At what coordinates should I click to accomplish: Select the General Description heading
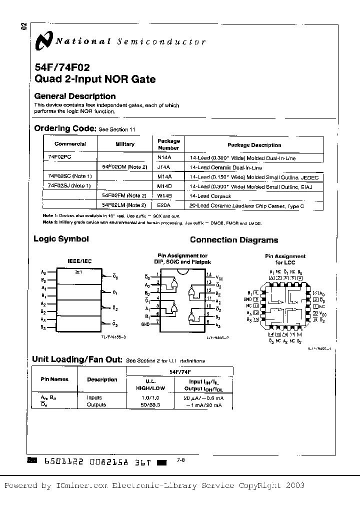coord(74,96)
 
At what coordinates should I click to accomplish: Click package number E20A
coord(164,205)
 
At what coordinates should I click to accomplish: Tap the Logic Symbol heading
coord(60,239)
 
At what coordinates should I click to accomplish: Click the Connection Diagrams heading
coord(234,240)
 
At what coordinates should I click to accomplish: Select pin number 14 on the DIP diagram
coord(209,274)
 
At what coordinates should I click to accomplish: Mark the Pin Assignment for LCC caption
coord(285,259)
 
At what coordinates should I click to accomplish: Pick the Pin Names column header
coord(54,380)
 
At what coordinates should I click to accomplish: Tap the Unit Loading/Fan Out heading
coord(77,359)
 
